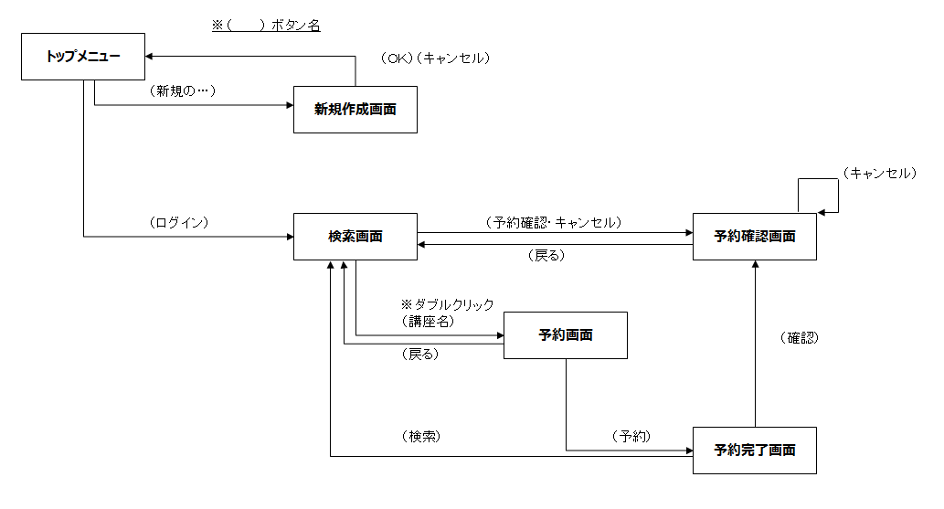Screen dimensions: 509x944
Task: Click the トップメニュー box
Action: (83, 57)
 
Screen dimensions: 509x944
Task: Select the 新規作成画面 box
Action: (355, 110)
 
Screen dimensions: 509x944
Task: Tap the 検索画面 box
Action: (355, 237)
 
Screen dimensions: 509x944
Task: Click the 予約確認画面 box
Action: (754, 237)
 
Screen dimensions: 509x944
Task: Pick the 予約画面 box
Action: (566, 335)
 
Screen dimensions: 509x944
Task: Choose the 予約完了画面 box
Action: (754, 451)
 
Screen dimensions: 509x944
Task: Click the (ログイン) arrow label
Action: (178, 223)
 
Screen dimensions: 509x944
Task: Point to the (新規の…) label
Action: (181, 91)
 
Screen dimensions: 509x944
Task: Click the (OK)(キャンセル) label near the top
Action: (436, 58)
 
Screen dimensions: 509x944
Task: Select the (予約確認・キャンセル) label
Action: (554, 223)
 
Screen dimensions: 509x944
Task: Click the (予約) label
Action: (631, 437)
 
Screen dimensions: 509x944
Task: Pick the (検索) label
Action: (420, 437)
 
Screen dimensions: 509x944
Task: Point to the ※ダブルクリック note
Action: (447, 305)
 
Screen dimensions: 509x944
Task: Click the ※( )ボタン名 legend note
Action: (266, 26)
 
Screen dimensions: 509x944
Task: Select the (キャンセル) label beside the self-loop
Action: (878, 173)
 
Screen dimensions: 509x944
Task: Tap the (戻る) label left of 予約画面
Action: (419, 355)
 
